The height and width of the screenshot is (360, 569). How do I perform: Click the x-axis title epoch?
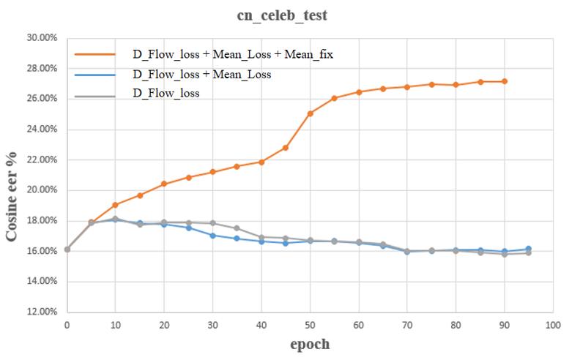[308, 344]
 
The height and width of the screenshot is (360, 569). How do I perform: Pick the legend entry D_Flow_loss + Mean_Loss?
[201, 74]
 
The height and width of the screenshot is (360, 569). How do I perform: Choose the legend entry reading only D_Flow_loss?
[166, 94]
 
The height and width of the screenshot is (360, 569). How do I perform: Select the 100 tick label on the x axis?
[552, 324]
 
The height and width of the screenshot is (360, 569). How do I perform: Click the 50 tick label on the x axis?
[310, 324]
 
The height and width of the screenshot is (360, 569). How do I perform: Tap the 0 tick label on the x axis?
[67, 324]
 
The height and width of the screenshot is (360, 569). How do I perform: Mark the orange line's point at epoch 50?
[310, 113]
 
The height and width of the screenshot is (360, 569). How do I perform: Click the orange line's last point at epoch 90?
[504, 81]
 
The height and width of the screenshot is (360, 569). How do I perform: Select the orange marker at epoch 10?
[115, 205]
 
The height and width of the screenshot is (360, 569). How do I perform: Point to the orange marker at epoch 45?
[286, 148]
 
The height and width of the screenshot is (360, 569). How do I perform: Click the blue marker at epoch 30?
[212, 236]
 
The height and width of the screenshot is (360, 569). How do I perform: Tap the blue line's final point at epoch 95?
[528, 250]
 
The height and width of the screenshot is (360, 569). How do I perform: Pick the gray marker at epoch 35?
[237, 228]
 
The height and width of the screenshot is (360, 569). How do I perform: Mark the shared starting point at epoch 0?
[67, 250]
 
